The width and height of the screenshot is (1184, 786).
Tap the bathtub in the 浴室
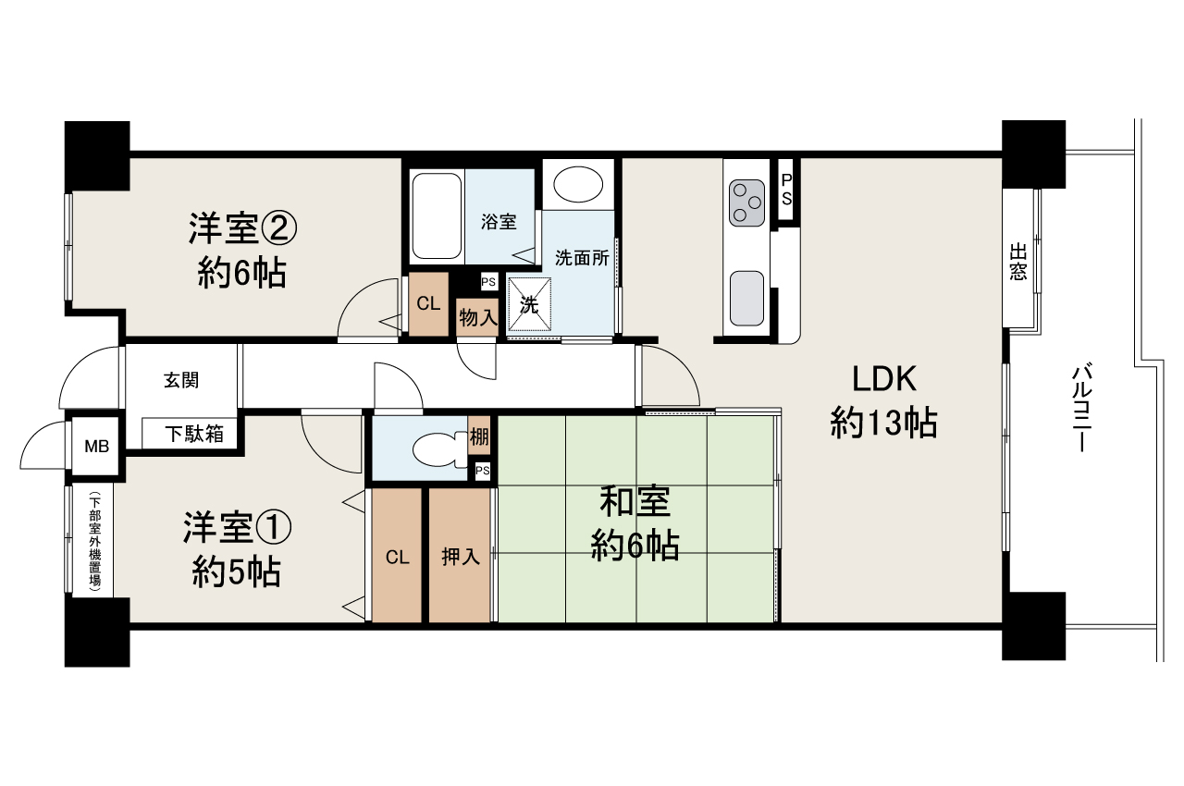(x=436, y=215)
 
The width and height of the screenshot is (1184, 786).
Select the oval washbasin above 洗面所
(x=577, y=184)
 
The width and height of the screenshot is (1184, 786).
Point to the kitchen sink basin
(x=746, y=299)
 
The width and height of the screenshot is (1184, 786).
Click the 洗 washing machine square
(x=529, y=304)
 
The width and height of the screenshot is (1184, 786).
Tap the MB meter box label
(x=96, y=447)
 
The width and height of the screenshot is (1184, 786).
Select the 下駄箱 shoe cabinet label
(x=193, y=433)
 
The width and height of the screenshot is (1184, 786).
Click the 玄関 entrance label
(x=181, y=379)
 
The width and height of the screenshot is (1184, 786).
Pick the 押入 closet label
(x=459, y=557)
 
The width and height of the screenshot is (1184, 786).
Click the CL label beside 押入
(x=397, y=557)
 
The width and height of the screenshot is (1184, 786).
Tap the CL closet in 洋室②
(x=427, y=303)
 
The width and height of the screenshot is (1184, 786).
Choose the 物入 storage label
(x=478, y=317)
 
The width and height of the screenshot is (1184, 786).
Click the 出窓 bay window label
(x=1018, y=262)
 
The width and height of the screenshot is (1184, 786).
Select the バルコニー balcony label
(x=1079, y=408)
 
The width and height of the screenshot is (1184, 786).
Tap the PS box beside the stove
(x=785, y=190)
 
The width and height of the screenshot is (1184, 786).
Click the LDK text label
(x=883, y=379)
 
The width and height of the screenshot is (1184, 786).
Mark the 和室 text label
(x=635, y=503)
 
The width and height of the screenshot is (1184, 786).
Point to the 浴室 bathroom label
(x=499, y=222)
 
